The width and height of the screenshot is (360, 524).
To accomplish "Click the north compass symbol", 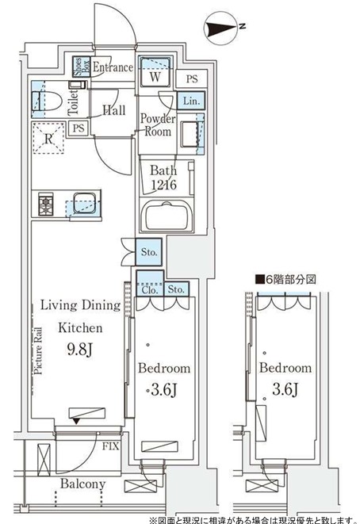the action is [x=221, y=29].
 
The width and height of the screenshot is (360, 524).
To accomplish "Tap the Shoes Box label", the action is [x=82, y=66].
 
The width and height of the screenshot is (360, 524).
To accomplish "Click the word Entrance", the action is [x=113, y=67].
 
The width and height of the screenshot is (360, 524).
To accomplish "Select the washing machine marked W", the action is [x=155, y=72].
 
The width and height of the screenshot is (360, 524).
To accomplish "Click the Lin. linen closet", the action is [x=191, y=100].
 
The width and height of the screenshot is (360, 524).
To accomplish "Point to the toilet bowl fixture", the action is [x=47, y=100].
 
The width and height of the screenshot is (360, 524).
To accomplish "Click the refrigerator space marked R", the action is [x=48, y=139].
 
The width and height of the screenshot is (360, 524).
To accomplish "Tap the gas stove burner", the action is [x=45, y=204].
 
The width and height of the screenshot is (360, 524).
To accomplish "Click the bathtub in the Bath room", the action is [x=167, y=216].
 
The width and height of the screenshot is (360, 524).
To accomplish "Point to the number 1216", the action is [x=163, y=184].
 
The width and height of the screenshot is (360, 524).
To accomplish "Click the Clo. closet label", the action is [x=149, y=289].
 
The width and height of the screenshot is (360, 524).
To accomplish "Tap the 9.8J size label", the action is [x=79, y=350].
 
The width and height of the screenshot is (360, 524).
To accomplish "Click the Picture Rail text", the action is [x=38, y=350].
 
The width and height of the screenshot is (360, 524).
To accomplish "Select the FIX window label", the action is [x=110, y=446].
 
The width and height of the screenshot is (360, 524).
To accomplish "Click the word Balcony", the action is [x=83, y=484].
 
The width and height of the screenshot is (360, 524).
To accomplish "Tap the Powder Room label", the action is [x=158, y=124].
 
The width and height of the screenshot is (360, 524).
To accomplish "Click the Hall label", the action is [x=114, y=110].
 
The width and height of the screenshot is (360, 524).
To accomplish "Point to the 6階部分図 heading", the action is [x=285, y=279].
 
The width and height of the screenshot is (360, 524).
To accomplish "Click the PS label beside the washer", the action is [x=192, y=78].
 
